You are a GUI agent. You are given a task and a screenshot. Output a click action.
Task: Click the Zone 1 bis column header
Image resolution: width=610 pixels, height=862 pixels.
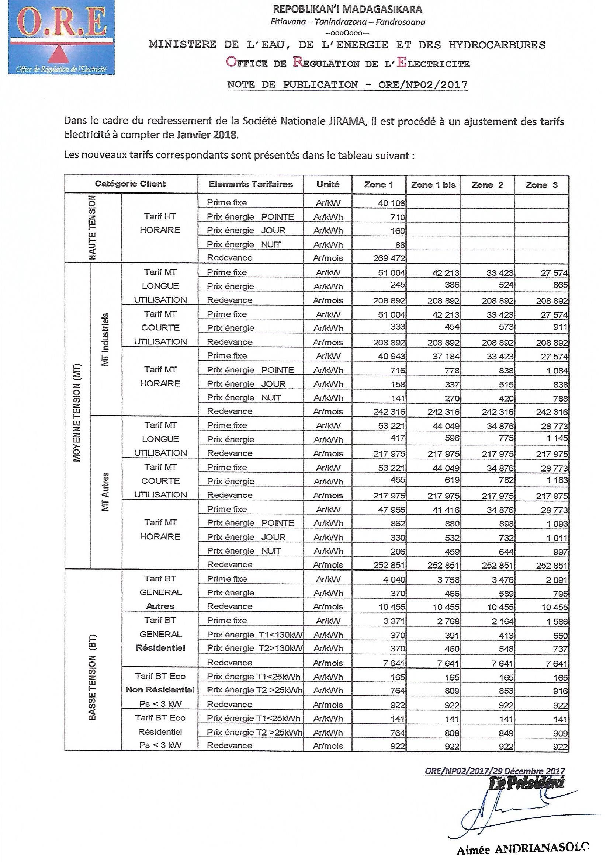click(x=433, y=185)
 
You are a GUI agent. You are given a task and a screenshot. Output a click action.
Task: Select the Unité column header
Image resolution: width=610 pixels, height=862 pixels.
click(x=327, y=184)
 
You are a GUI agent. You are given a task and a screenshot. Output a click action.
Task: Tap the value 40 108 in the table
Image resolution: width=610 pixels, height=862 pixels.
click(x=391, y=203)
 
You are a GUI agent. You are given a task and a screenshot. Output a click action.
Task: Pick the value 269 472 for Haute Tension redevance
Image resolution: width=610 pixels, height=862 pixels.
click(x=389, y=258)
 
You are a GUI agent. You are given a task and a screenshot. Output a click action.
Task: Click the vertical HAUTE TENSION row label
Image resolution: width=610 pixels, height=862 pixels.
click(x=93, y=228)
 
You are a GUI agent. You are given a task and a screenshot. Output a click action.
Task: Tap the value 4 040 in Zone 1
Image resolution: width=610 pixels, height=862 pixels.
click(x=394, y=580)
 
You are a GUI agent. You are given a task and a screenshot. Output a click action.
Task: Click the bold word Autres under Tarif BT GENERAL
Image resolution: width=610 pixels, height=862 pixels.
click(x=160, y=606)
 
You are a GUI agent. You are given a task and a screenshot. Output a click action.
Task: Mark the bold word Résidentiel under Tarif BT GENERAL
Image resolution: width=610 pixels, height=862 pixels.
click(x=160, y=648)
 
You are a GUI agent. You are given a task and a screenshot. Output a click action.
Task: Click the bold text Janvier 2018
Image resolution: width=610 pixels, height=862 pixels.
click(x=207, y=135)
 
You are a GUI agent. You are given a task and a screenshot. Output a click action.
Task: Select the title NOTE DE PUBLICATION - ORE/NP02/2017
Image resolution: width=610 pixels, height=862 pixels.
click(x=347, y=85)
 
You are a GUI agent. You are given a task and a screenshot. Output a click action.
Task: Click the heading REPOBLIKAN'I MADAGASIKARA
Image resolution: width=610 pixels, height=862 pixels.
click(x=347, y=9)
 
